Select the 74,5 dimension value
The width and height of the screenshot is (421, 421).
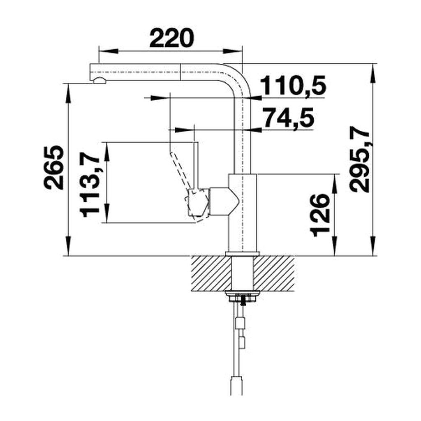click(x=289, y=117)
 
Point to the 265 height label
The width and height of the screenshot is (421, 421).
click(x=54, y=168)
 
